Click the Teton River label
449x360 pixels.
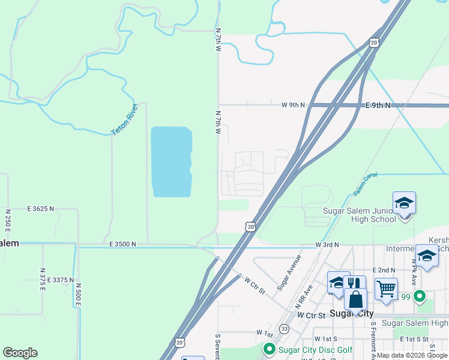click(x=124, y=119)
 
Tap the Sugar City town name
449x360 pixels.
click(x=352, y=314)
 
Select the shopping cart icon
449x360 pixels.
click(x=386, y=289)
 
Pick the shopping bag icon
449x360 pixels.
click(x=355, y=299)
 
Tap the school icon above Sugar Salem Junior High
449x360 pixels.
click(x=404, y=203)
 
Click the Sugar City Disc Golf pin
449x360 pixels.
click(x=268, y=349)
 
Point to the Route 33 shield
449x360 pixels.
click(x=284, y=329)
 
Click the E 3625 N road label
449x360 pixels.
click(x=40, y=209)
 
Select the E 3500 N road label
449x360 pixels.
click(x=122, y=244)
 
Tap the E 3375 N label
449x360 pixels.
click(x=59, y=280)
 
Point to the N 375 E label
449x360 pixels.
click(x=43, y=280)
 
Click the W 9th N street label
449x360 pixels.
click(x=293, y=105)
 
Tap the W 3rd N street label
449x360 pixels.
click(x=327, y=245)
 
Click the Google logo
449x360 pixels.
click(x=20, y=353)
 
